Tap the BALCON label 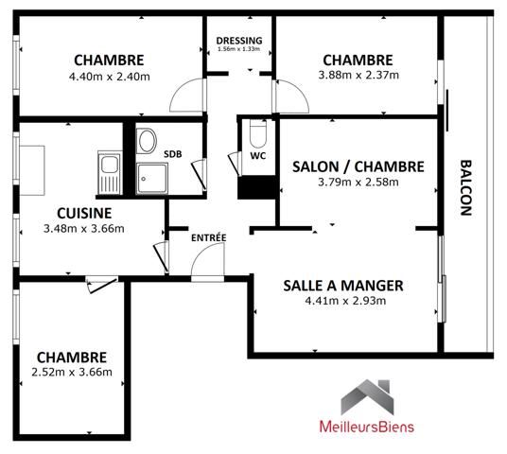pyautogui.click(x=465, y=188)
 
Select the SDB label pyautogui.click(x=173, y=153)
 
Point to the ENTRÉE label pyautogui.click(x=208, y=236)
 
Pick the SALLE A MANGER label pyautogui.click(x=343, y=285)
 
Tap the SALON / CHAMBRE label pyautogui.click(x=358, y=166)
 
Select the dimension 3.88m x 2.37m pyautogui.click(x=358, y=77)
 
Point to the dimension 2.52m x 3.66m pyautogui.click(x=72, y=372)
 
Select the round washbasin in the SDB pyautogui.click(x=147, y=143)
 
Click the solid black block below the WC pyautogui.click(x=254, y=186)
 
